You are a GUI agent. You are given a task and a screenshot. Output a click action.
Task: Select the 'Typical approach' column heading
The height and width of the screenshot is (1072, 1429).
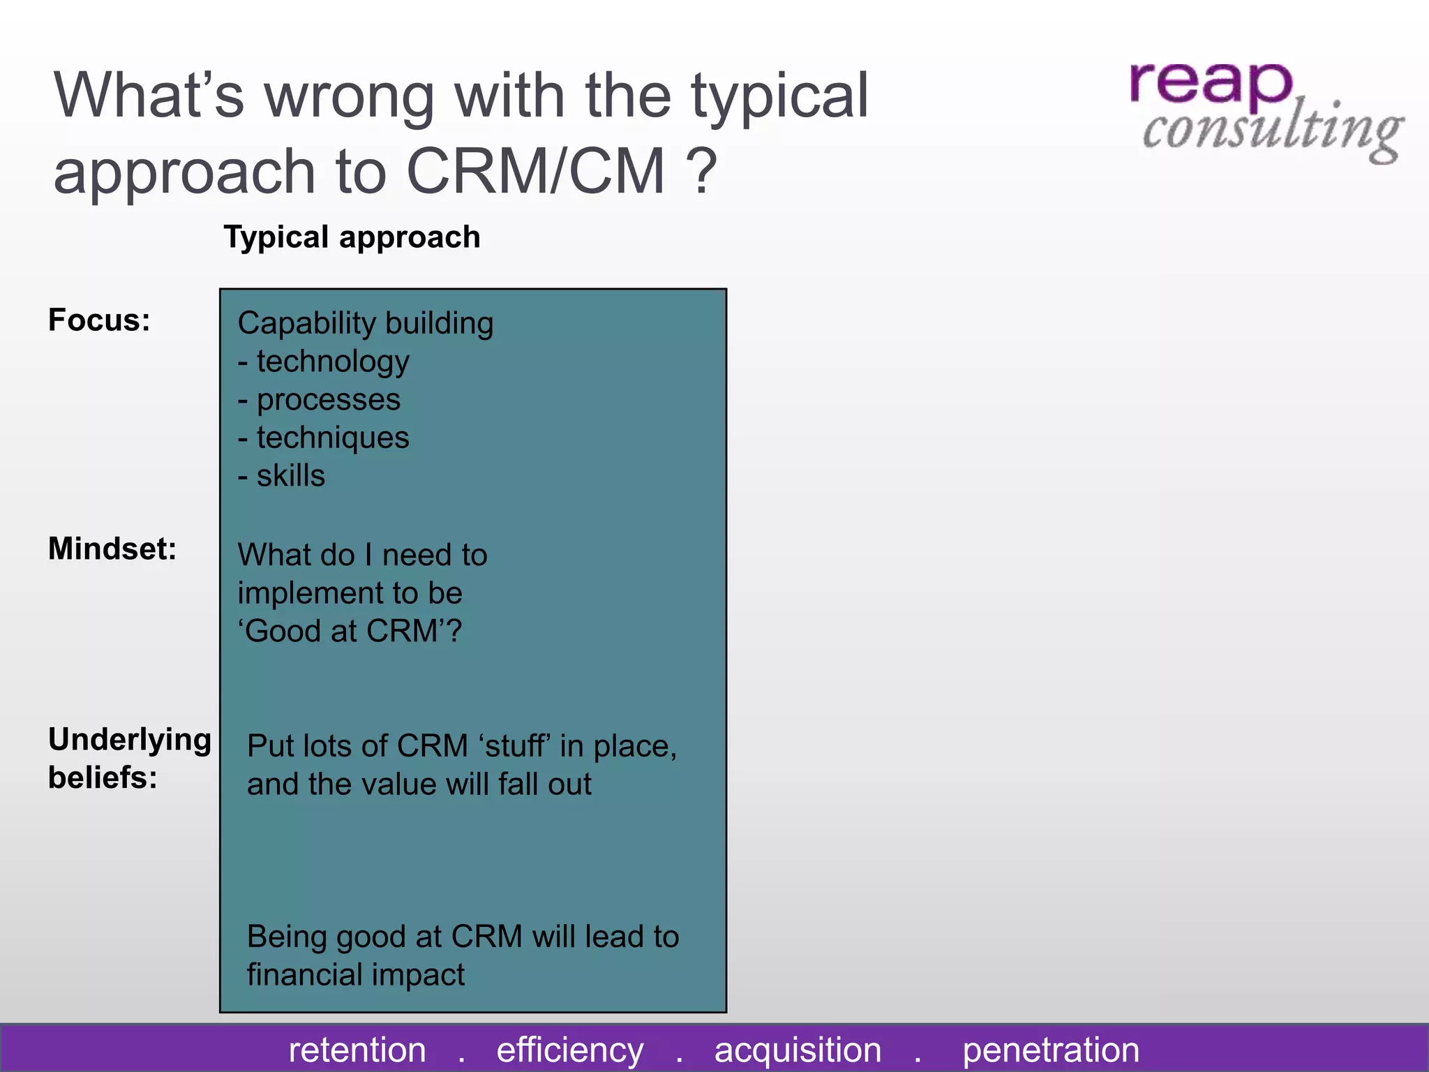(352, 237)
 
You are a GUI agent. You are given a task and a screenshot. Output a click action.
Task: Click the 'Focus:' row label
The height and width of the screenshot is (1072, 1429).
(99, 320)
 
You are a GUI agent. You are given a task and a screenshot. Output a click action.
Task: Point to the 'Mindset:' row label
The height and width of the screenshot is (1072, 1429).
(112, 549)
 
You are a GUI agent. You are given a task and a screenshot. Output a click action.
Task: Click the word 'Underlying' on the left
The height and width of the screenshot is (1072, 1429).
(130, 740)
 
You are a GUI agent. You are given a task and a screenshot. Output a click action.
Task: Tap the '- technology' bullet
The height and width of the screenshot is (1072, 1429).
(324, 362)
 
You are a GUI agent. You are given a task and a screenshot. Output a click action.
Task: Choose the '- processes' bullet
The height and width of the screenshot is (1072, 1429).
(319, 400)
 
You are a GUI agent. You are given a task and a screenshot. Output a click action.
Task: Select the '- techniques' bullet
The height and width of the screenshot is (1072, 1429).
(324, 438)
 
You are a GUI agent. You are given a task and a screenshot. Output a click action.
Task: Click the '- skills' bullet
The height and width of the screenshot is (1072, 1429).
(281, 476)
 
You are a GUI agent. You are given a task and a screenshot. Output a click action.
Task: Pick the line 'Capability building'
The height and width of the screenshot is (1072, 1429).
(365, 324)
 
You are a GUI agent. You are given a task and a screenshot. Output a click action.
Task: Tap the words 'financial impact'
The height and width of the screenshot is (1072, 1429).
(355, 975)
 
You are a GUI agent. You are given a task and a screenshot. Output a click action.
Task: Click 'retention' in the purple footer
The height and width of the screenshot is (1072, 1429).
(357, 1050)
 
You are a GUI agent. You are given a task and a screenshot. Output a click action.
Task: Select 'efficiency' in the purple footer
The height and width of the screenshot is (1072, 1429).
(570, 1050)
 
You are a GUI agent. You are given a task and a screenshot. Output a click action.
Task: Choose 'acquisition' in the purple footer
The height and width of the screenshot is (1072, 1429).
(798, 1050)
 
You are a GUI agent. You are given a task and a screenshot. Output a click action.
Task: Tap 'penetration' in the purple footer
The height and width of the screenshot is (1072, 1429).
(1051, 1050)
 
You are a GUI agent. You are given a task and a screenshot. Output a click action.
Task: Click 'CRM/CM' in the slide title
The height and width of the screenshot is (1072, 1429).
(535, 172)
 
